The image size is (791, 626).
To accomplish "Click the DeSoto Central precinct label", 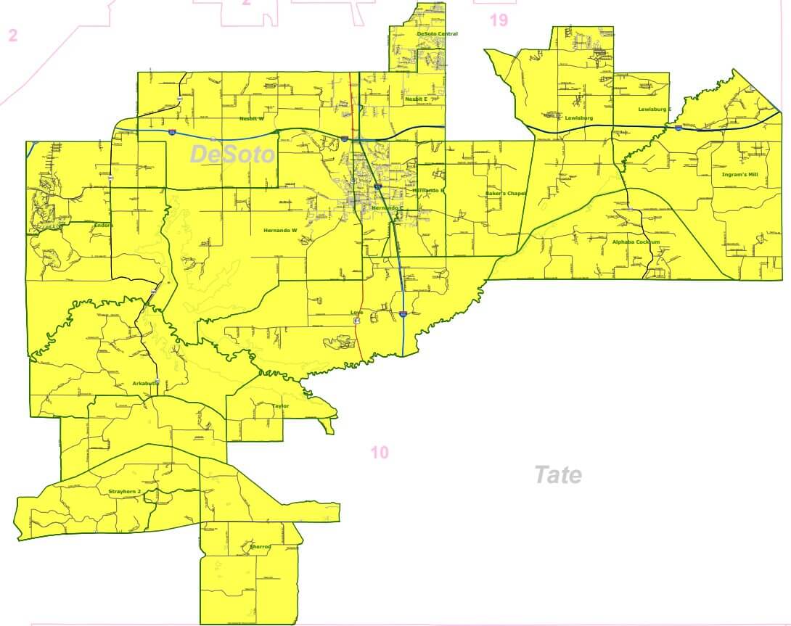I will (437, 34).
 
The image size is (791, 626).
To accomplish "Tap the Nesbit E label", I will (416, 99).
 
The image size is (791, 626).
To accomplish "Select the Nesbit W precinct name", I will (252, 118).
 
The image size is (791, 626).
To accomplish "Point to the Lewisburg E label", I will (655, 110).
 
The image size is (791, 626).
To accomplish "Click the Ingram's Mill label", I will (739, 175).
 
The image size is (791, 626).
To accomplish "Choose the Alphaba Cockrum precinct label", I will (636, 242).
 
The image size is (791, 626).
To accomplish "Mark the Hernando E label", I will (428, 190).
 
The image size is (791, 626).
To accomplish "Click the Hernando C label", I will (386, 207).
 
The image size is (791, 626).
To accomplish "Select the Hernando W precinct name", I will (280, 231).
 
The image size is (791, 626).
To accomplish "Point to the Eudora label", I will (104, 225).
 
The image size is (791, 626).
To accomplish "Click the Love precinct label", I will (356, 313).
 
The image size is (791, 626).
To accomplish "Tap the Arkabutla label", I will (145, 383).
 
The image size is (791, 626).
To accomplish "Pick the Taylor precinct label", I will (280, 406).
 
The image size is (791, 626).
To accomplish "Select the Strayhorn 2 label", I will (124, 492).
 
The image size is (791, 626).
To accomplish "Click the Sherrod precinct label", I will (260, 546).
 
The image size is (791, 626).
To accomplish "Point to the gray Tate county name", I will (557, 475).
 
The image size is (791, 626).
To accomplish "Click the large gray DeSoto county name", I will (232, 154).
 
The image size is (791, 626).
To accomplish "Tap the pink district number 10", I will (379, 453).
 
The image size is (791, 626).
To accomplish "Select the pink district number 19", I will (499, 20).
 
